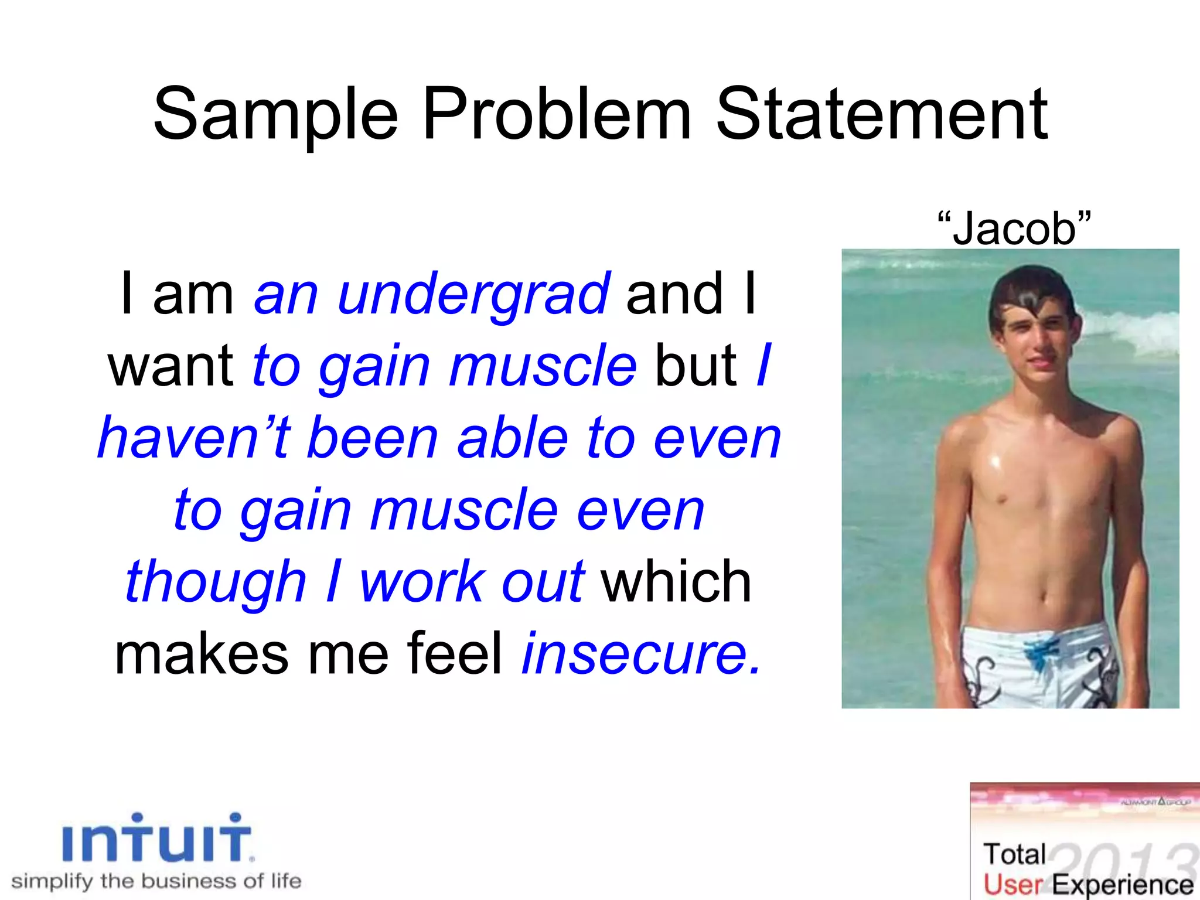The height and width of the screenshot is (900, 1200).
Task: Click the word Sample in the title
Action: coord(275,115)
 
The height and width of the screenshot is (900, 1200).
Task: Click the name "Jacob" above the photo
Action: coord(1014,228)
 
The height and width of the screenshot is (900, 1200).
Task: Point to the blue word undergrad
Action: coord(474,295)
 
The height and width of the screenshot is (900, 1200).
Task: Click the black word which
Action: coord(677,582)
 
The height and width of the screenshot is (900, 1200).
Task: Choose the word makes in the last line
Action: coord(202,653)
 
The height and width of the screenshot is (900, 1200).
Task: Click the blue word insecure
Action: coord(642,653)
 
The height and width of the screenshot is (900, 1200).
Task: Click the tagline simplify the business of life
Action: coord(156,881)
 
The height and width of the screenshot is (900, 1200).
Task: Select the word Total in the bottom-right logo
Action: coord(1014,854)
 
